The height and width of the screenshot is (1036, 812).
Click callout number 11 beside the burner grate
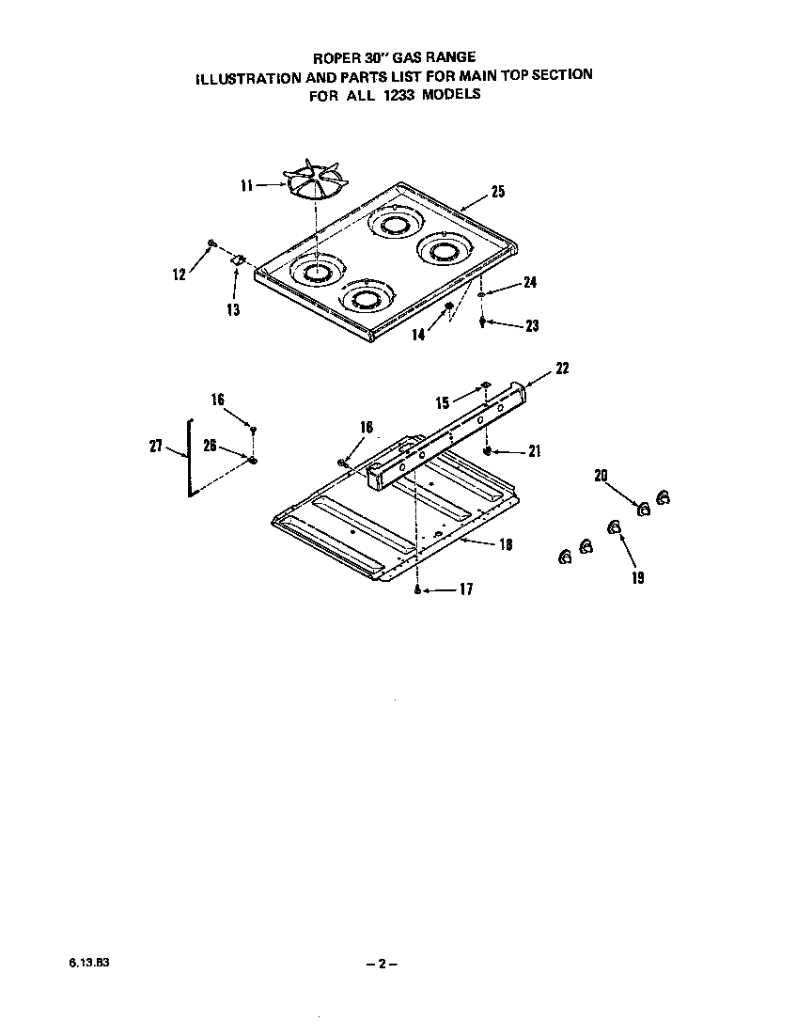(x=246, y=186)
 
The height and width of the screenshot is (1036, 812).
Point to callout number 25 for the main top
(x=498, y=192)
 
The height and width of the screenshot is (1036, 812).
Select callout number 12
(x=179, y=275)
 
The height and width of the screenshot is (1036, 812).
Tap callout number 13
(x=233, y=309)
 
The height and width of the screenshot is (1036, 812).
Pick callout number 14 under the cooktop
(x=418, y=334)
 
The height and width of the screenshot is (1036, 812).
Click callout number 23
(x=532, y=326)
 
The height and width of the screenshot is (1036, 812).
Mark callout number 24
(x=530, y=282)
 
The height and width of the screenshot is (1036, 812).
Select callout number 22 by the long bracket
(x=562, y=368)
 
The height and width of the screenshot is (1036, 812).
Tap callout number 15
(x=443, y=402)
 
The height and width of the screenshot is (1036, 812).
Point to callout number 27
(x=156, y=447)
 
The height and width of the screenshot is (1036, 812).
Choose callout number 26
(x=210, y=446)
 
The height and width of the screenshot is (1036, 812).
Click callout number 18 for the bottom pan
(x=506, y=544)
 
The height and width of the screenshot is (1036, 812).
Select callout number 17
(x=466, y=590)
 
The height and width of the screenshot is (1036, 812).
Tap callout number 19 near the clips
(x=638, y=578)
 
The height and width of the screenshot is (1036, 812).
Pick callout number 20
(x=601, y=476)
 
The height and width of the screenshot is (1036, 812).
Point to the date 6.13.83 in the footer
(x=83, y=964)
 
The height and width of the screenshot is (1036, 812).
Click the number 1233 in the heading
(x=400, y=94)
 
